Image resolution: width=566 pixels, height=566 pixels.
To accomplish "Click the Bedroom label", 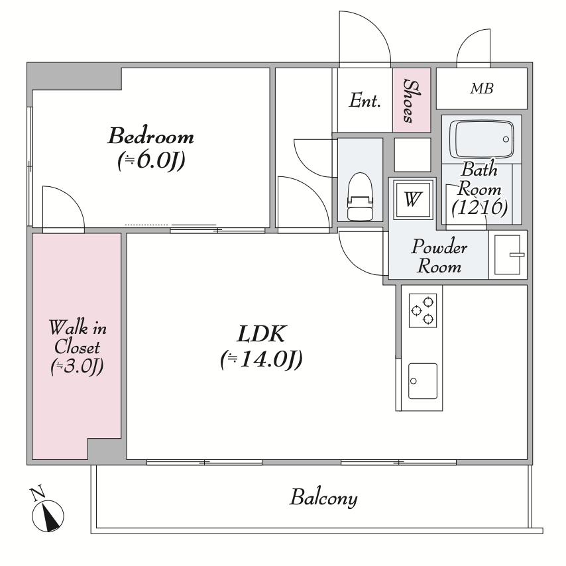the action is click(151, 136).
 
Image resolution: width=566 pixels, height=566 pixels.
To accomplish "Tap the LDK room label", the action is click(262, 333).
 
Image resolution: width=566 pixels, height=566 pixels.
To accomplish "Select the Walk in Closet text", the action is click(78, 337).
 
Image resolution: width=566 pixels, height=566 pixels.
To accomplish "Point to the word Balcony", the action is click(323, 498).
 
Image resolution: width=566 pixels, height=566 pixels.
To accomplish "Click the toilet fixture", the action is click(360, 196).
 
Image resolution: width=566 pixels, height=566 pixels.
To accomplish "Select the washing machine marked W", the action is click(413, 199).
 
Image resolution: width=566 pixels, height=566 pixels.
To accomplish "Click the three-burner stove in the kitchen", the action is click(423, 310).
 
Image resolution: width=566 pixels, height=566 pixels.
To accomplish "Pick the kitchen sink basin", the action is click(423, 381).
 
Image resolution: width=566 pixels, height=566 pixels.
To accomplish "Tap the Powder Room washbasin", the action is click(508, 255).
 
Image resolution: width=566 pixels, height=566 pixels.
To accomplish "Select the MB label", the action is click(482, 88).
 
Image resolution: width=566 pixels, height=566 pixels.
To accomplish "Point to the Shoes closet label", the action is click(411, 101).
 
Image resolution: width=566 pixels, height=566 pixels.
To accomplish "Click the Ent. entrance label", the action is click(365, 100).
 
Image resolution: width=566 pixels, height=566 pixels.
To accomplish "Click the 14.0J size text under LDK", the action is click(261, 359).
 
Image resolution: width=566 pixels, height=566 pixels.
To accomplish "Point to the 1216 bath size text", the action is click(479, 207).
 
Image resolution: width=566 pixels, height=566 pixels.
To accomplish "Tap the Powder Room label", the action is click(439, 256).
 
